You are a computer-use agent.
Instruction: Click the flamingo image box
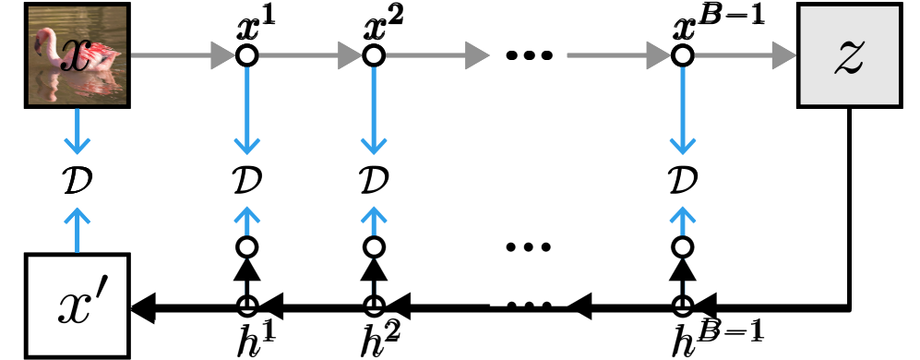click(x=77, y=55)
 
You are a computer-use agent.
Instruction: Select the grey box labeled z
click(x=848, y=55)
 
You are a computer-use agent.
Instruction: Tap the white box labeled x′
click(x=77, y=306)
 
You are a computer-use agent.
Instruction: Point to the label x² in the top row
click(x=383, y=25)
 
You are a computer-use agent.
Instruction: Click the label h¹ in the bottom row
click(x=256, y=339)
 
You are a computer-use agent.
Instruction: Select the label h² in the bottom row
click(x=381, y=339)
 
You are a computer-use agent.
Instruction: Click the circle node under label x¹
click(x=246, y=55)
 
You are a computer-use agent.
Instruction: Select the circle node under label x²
click(x=374, y=55)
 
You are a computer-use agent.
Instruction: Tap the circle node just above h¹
click(x=246, y=247)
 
